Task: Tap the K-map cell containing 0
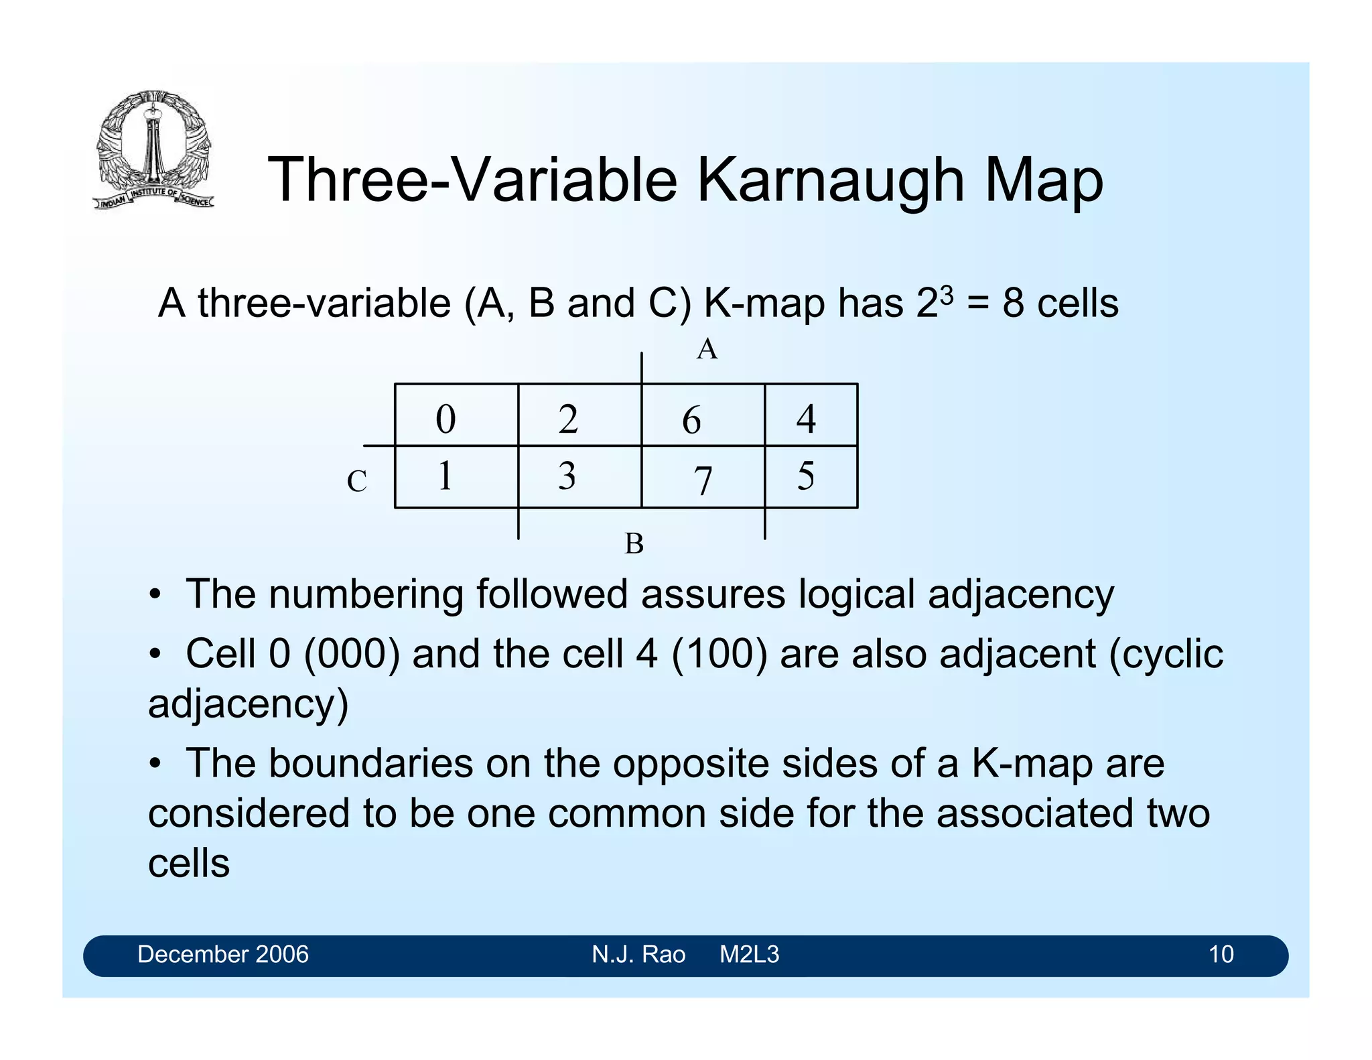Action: coord(456,415)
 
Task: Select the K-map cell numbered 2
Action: coord(579,415)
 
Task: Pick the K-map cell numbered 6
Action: coord(703,415)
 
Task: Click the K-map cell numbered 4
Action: coord(811,415)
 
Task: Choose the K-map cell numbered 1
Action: coord(456,477)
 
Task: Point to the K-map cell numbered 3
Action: coord(579,477)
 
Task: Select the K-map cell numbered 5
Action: coord(811,477)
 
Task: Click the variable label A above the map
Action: coord(707,350)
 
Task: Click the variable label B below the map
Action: coord(634,543)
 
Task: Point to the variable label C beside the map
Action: coord(356,481)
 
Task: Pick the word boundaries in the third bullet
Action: coord(371,763)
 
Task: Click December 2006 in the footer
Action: coord(223,954)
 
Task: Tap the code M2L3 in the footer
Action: coord(749,954)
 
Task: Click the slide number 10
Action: coord(1221,954)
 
